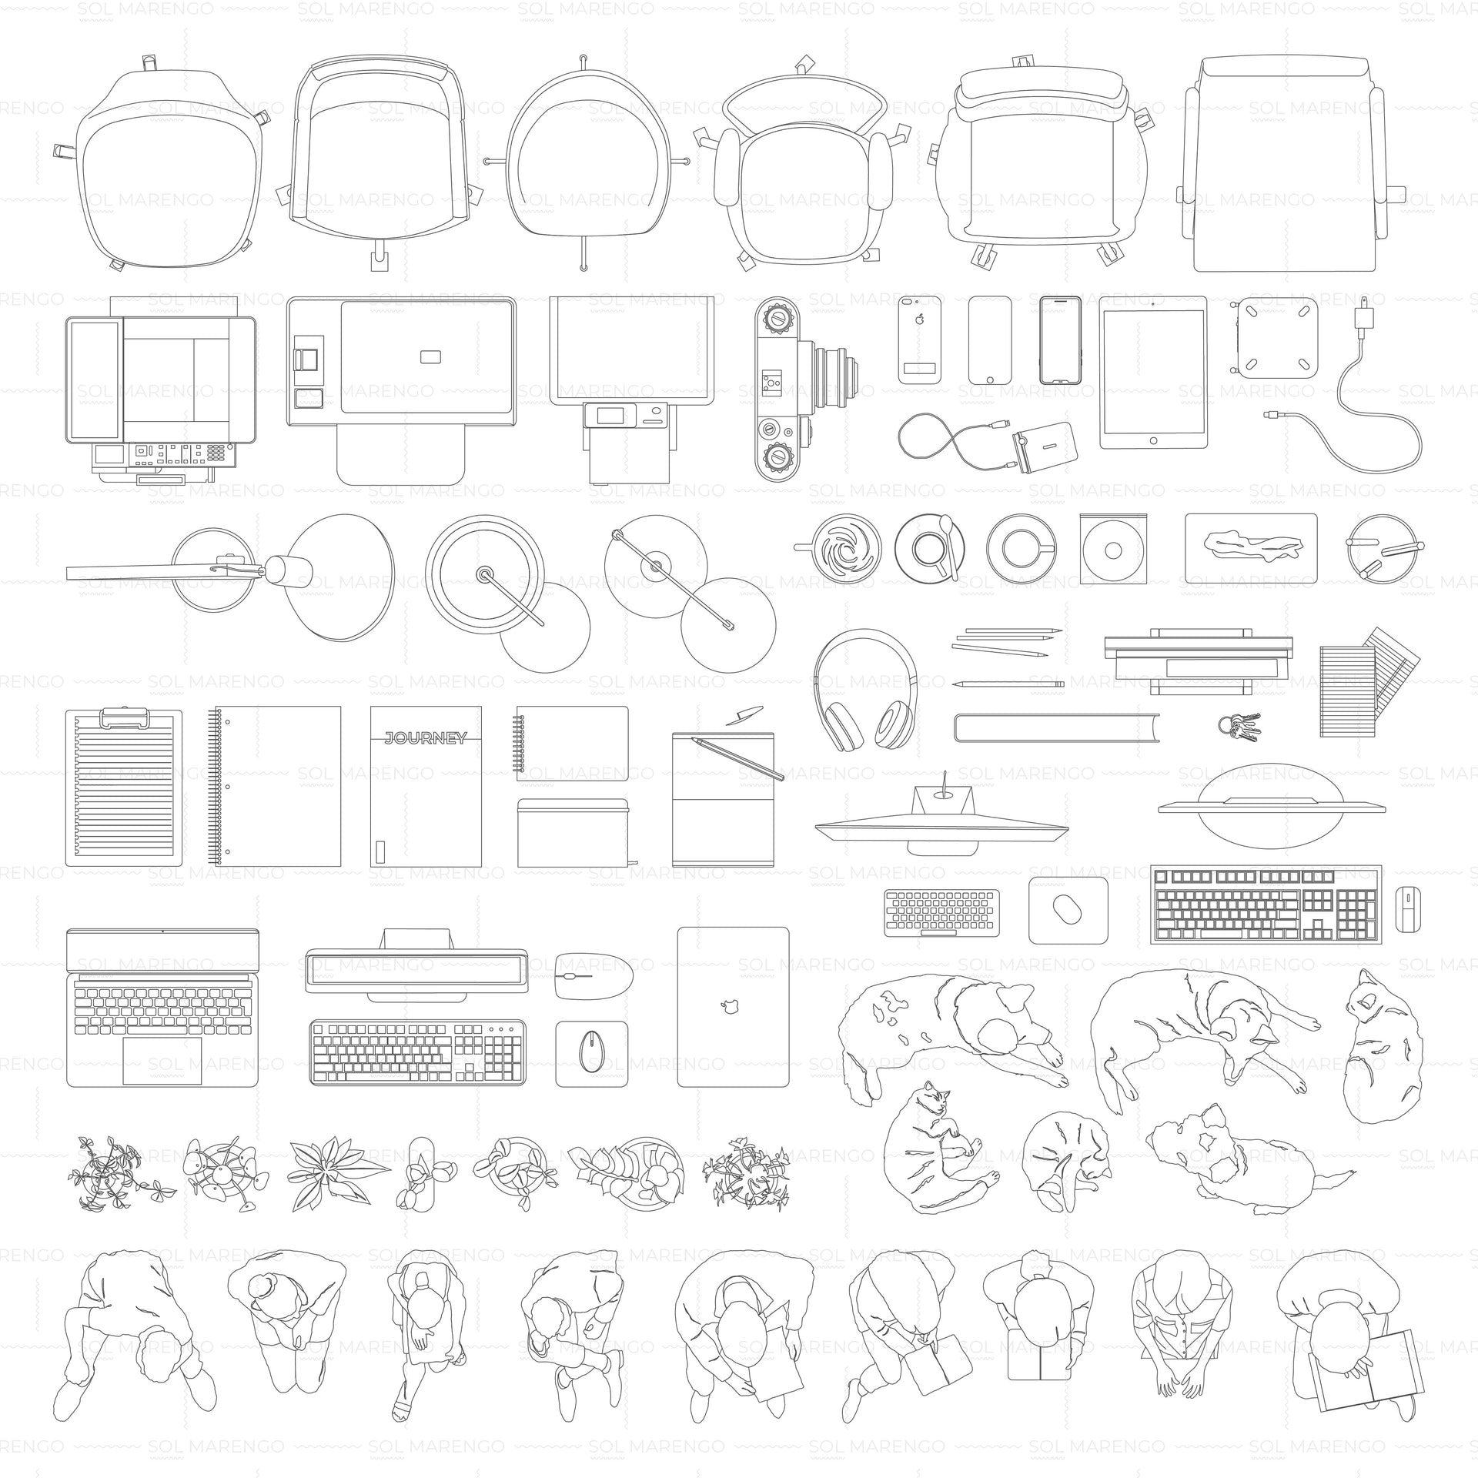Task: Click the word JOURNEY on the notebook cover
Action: (x=426, y=738)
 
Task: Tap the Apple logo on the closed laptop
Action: (x=727, y=1005)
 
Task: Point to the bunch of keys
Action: (x=1239, y=725)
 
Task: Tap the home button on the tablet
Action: (x=1152, y=441)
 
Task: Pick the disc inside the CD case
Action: (x=1112, y=550)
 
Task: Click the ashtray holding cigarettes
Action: (x=1382, y=548)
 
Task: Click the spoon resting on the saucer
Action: (x=951, y=547)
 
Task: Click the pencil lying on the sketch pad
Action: (x=737, y=758)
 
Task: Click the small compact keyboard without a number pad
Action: (x=941, y=912)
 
